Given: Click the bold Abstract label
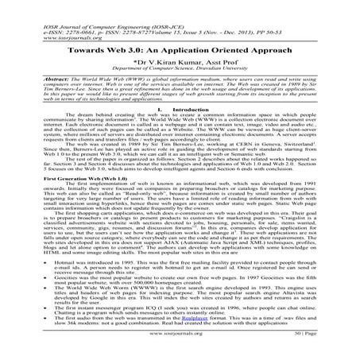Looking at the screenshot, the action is (41, 80).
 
